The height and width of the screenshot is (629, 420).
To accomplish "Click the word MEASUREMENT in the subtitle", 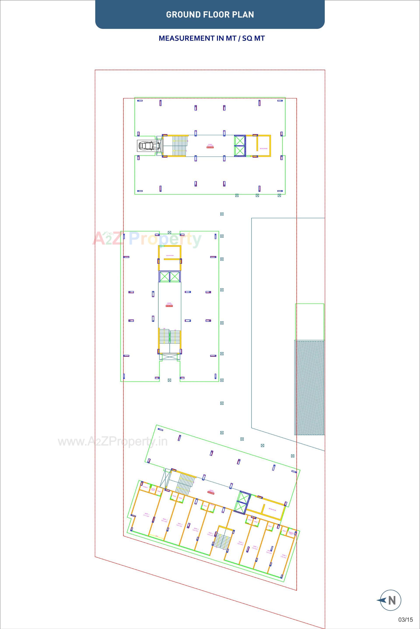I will click(187, 38).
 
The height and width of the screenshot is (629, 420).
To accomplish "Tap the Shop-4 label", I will click(196, 529).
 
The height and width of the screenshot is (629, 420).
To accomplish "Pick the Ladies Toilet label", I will click(153, 489).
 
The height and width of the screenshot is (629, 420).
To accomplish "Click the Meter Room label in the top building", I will click(264, 149).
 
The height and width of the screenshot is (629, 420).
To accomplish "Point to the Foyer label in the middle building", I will click(169, 305).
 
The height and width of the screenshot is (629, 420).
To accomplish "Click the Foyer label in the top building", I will click(210, 146).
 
